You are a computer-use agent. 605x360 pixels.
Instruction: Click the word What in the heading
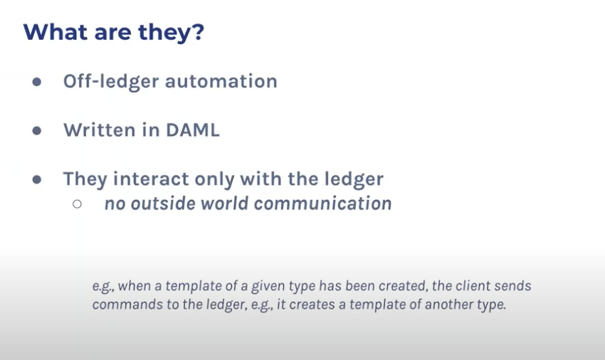click(56, 31)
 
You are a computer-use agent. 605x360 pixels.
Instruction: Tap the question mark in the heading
click(196, 31)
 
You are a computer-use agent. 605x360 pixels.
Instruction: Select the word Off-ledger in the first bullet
click(111, 81)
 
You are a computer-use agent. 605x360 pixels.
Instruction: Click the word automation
click(221, 81)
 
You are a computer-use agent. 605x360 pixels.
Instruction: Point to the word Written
click(100, 130)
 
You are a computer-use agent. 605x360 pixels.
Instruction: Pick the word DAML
click(193, 130)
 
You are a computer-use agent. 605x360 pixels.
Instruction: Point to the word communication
click(323, 203)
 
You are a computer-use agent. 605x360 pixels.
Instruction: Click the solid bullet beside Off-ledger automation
click(37, 82)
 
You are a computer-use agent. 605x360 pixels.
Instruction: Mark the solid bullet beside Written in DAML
click(37, 131)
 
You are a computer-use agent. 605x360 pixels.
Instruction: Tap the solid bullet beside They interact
click(37, 179)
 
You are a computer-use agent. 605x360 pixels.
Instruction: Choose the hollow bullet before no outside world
click(77, 203)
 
